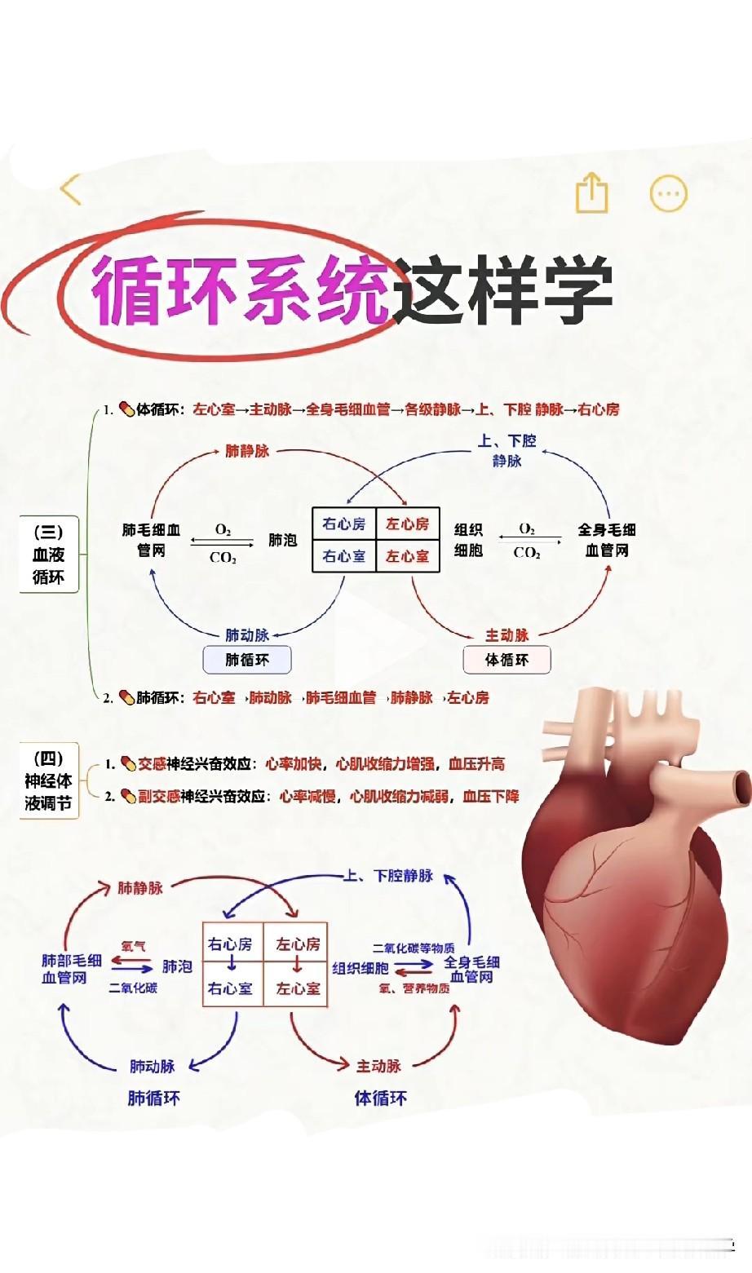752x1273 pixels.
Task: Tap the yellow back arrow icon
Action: (72, 190)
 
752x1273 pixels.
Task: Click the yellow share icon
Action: (592, 193)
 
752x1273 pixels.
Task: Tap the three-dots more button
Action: (668, 194)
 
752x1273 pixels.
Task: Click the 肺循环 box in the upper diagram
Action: (246, 660)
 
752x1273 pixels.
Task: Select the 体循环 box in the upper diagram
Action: (506, 660)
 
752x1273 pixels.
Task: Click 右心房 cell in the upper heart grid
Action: (344, 524)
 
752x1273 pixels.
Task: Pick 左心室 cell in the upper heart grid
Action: (408, 556)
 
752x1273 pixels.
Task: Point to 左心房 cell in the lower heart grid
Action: (298, 944)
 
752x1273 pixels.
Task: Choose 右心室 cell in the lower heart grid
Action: (230, 988)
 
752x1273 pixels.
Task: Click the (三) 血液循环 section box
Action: (48, 555)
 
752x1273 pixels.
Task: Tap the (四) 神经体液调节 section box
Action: (48, 780)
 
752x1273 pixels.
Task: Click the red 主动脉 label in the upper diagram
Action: (507, 634)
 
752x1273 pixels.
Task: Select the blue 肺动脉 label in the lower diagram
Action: (153, 1066)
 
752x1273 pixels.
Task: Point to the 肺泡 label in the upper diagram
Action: (283, 540)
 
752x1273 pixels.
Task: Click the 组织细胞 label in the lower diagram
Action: (361, 968)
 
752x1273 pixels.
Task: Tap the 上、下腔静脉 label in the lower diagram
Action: (388, 876)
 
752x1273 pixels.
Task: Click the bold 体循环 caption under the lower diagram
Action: (380, 1098)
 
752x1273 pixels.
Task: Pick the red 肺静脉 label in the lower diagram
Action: (140, 887)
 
